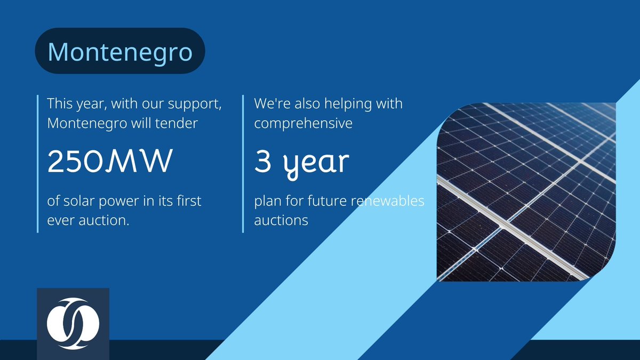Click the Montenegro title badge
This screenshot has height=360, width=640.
tap(120, 51)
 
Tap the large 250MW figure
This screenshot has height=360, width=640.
tap(110, 162)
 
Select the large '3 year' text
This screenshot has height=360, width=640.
tap(301, 162)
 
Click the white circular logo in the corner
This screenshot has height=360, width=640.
tap(73, 324)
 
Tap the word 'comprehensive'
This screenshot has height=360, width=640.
tap(303, 123)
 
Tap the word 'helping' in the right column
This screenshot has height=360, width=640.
tap(342, 103)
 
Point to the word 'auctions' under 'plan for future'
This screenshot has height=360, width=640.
tap(281, 219)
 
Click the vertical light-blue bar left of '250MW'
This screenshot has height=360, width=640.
tap(38, 163)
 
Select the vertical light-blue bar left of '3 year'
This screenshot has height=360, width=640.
tap(244, 163)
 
